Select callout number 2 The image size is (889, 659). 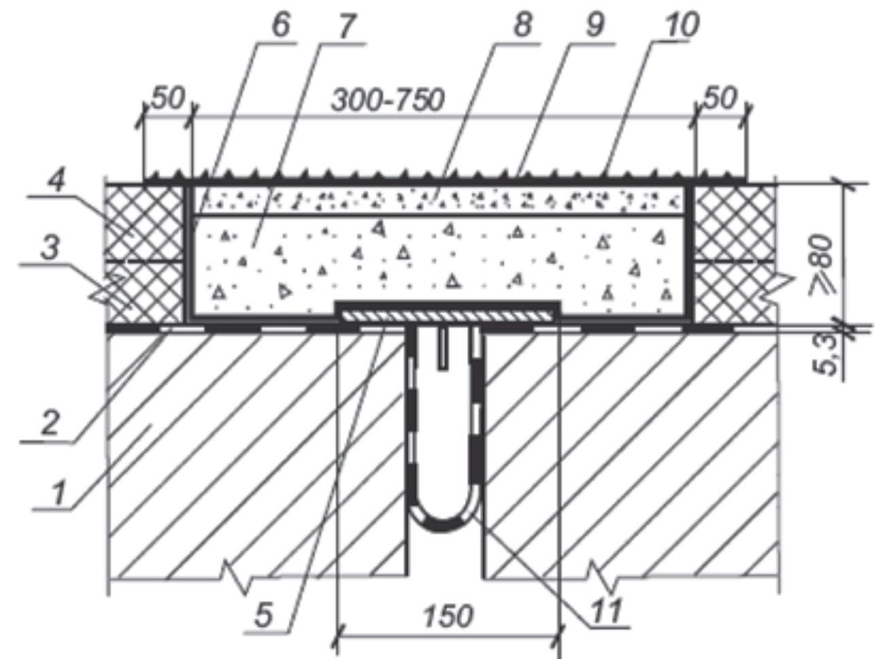(x=50, y=424)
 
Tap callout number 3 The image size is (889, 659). (x=50, y=248)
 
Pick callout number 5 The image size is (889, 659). (x=264, y=615)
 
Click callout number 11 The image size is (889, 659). (x=606, y=611)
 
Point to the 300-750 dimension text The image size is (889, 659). (x=387, y=99)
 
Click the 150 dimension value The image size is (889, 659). (x=449, y=616)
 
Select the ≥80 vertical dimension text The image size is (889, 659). (x=820, y=265)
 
